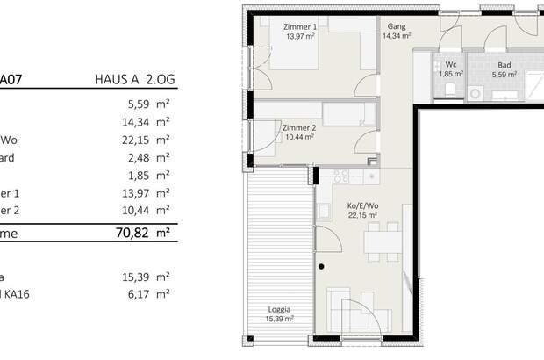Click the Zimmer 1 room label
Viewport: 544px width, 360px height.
[x=299, y=27]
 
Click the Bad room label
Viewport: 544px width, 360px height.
[x=504, y=65]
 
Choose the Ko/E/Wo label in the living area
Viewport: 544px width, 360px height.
[x=361, y=205]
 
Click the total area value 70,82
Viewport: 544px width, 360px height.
[x=132, y=234]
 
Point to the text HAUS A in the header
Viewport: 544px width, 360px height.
[x=118, y=78]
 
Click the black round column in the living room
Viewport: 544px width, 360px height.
[x=322, y=266]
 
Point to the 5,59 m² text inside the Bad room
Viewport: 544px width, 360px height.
[x=504, y=75]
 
